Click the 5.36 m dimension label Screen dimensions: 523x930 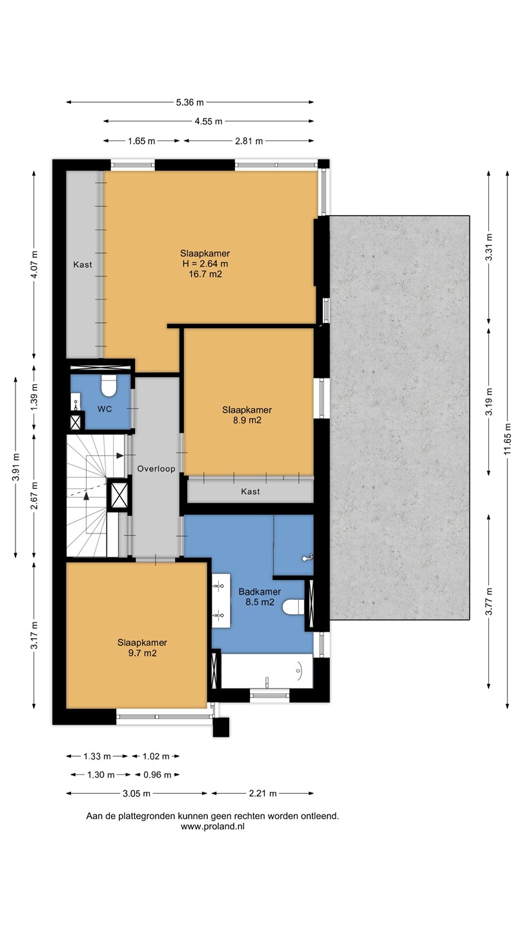point(190,102)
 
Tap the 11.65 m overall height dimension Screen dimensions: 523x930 point(508,439)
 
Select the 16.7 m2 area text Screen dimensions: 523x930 point(205,274)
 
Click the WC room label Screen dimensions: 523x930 point(105,409)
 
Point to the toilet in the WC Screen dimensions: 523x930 point(108,386)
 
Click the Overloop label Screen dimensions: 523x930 point(156,469)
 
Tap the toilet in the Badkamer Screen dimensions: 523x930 point(294,607)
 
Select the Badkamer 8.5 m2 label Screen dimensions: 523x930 point(260,597)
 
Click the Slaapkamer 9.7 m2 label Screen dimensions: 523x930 point(142,648)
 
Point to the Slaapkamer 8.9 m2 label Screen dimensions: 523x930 point(247,415)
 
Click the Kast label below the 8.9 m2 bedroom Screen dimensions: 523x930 point(251,491)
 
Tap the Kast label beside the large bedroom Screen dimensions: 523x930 point(83,265)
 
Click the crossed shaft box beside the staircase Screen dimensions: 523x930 point(118,495)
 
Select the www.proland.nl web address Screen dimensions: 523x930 point(212,826)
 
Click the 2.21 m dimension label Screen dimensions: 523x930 point(262,793)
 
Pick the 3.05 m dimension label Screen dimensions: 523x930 point(136,793)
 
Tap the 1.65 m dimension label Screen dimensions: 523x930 point(141,141)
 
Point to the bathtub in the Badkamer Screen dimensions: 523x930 point(267,671)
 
